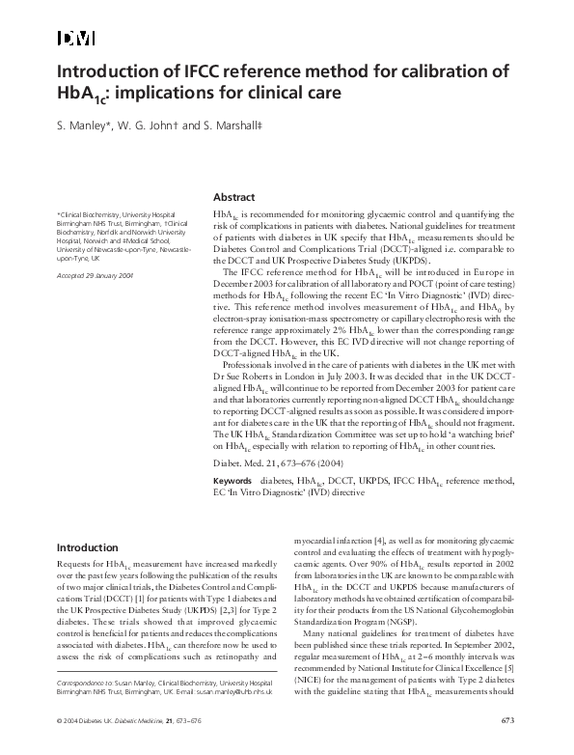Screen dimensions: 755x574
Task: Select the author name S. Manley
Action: pos(83,126)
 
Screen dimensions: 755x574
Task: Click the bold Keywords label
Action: pos(232,480)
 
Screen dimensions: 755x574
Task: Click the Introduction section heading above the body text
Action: pos(88,547)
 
